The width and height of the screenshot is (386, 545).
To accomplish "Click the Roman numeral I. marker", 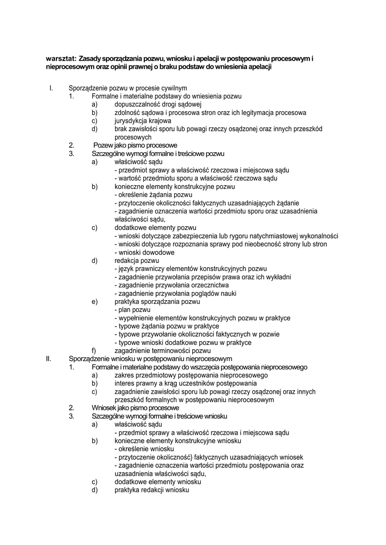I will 51,88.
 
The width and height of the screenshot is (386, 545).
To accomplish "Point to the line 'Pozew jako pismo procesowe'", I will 135,145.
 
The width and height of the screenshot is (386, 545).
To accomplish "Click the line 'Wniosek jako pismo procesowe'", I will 135,408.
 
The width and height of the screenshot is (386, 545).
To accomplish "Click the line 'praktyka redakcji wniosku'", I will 152,490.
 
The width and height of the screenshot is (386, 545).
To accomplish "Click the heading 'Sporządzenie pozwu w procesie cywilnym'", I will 128,88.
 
